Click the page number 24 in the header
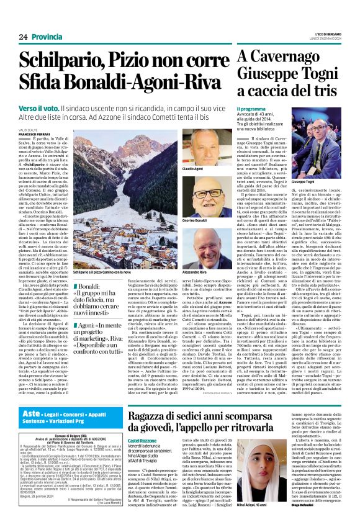(x=22, y=37)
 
